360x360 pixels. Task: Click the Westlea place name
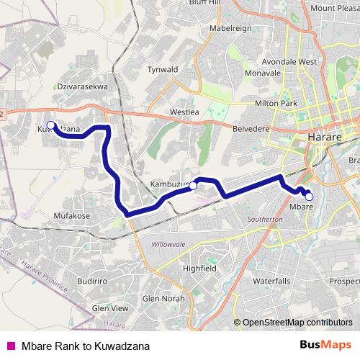pyautogui.click(x=184, y=112)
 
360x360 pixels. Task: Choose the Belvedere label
pyautogui.click(x=251, y=127)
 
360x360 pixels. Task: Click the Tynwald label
pyautogui.click(x=162, y=69)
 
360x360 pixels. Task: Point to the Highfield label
pyautogui.click(x=199, y=268)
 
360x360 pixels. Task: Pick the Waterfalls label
pyautogui.click(x=271, y=280)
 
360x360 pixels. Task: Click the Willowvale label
pyautogui.click(x=168, y=244)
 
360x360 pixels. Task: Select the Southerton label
pyautogui.click(x=265, y=218)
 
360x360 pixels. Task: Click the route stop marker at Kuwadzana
pyautogui.click(x=50, y=125)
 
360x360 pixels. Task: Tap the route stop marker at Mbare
pyautogui.click(x=309, y=196)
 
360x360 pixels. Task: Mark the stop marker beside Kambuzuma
pyautogui.click(x=193, y=186)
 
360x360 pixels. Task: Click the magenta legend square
pyautogui.click(x=10, y=346)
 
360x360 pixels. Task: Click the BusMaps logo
pyautogui.click(x=325, y=345)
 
